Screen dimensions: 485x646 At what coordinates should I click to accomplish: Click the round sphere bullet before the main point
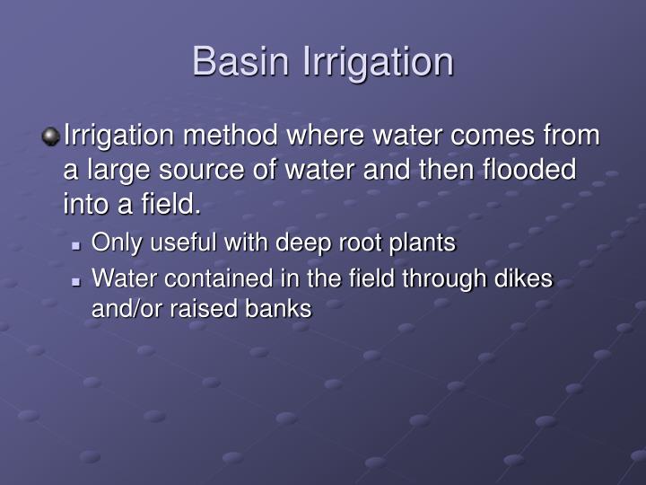(x=50, y=137)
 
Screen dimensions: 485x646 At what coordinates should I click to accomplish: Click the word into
(x=85, y=205)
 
